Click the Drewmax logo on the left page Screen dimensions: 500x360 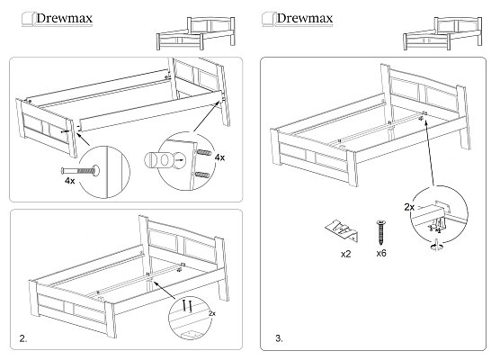[57, 19]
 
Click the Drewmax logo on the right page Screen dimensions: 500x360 [297, 19]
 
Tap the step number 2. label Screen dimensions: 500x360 [23, 338]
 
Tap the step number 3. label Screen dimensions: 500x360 [279, 338]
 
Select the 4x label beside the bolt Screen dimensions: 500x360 [69, 181]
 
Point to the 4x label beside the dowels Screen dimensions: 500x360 [219, 157]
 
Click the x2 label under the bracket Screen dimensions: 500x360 [345, 254]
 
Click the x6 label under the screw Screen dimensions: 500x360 [381, 254]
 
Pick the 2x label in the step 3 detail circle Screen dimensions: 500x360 [409, 207]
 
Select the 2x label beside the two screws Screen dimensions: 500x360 [211, 313]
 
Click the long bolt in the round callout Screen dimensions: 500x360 [80, 171]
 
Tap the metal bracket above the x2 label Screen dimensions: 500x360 [343, 229]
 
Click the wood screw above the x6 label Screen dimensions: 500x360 [381, 232]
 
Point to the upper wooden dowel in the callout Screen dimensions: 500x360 [204, 152]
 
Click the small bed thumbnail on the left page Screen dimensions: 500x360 [196, 33]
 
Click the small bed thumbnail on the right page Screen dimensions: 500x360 [442, 33]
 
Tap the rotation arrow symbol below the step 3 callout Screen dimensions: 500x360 [436, 247]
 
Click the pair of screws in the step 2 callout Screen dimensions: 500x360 [187, 306]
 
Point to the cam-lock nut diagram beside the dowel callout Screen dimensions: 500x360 [165, 159]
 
